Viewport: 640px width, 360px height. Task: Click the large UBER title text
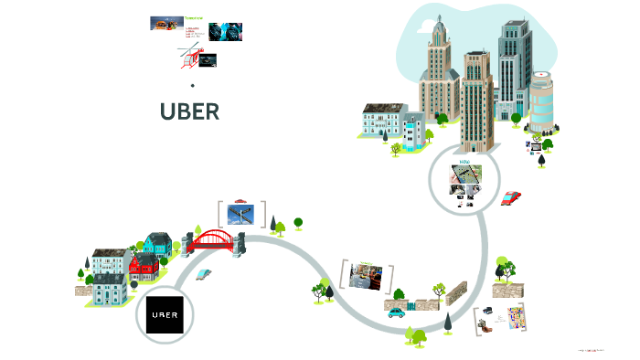(189, 111)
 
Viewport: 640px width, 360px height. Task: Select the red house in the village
(144, 267)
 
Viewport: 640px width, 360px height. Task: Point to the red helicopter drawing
(188, 58)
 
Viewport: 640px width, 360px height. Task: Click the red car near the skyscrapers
(510, 197)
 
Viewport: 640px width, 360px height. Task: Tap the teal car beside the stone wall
(396, 312)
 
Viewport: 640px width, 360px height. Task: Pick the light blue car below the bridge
(204, 274)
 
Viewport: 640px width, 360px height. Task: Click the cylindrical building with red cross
(541, 98)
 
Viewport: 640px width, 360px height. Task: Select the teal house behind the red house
(157, 244)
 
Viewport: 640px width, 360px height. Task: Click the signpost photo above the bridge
(242, 215)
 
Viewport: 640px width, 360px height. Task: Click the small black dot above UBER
(193, 86)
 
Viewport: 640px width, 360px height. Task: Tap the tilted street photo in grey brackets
(366, 276)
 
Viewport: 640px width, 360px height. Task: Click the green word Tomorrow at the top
(195, 17)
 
